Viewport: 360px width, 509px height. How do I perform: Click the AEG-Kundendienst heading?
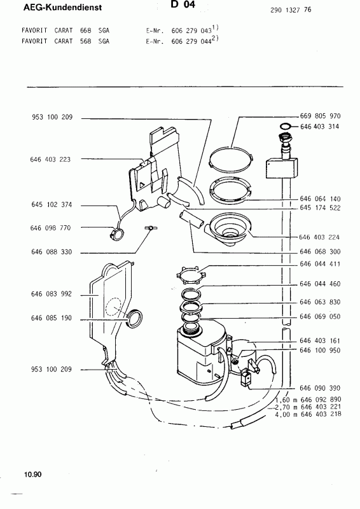pos(63,7)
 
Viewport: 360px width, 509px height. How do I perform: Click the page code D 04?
pos(183,4)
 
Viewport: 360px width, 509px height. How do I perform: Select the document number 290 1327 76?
pos(291,10)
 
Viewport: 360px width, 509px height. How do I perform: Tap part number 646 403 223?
pos(50,160)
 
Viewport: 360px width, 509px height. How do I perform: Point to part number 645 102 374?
pos(52,204)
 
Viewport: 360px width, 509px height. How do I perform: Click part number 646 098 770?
pos(50,228)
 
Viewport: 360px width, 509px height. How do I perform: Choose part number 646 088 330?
pos(52,252)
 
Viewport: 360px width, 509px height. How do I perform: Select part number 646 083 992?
pos(52,294)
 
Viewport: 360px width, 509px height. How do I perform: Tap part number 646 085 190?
pos(52,318)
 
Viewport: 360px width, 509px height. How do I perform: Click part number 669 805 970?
pos(321,116)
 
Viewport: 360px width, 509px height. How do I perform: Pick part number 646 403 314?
pos(320,127)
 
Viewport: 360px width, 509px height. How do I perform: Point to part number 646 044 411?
pos(320,264)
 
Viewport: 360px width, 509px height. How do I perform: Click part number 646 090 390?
pos(320,388)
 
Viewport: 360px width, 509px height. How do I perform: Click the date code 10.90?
pos(32,475)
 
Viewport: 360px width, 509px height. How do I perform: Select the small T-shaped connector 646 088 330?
pos(149,228)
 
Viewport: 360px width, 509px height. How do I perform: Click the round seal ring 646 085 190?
pos(134,318)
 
